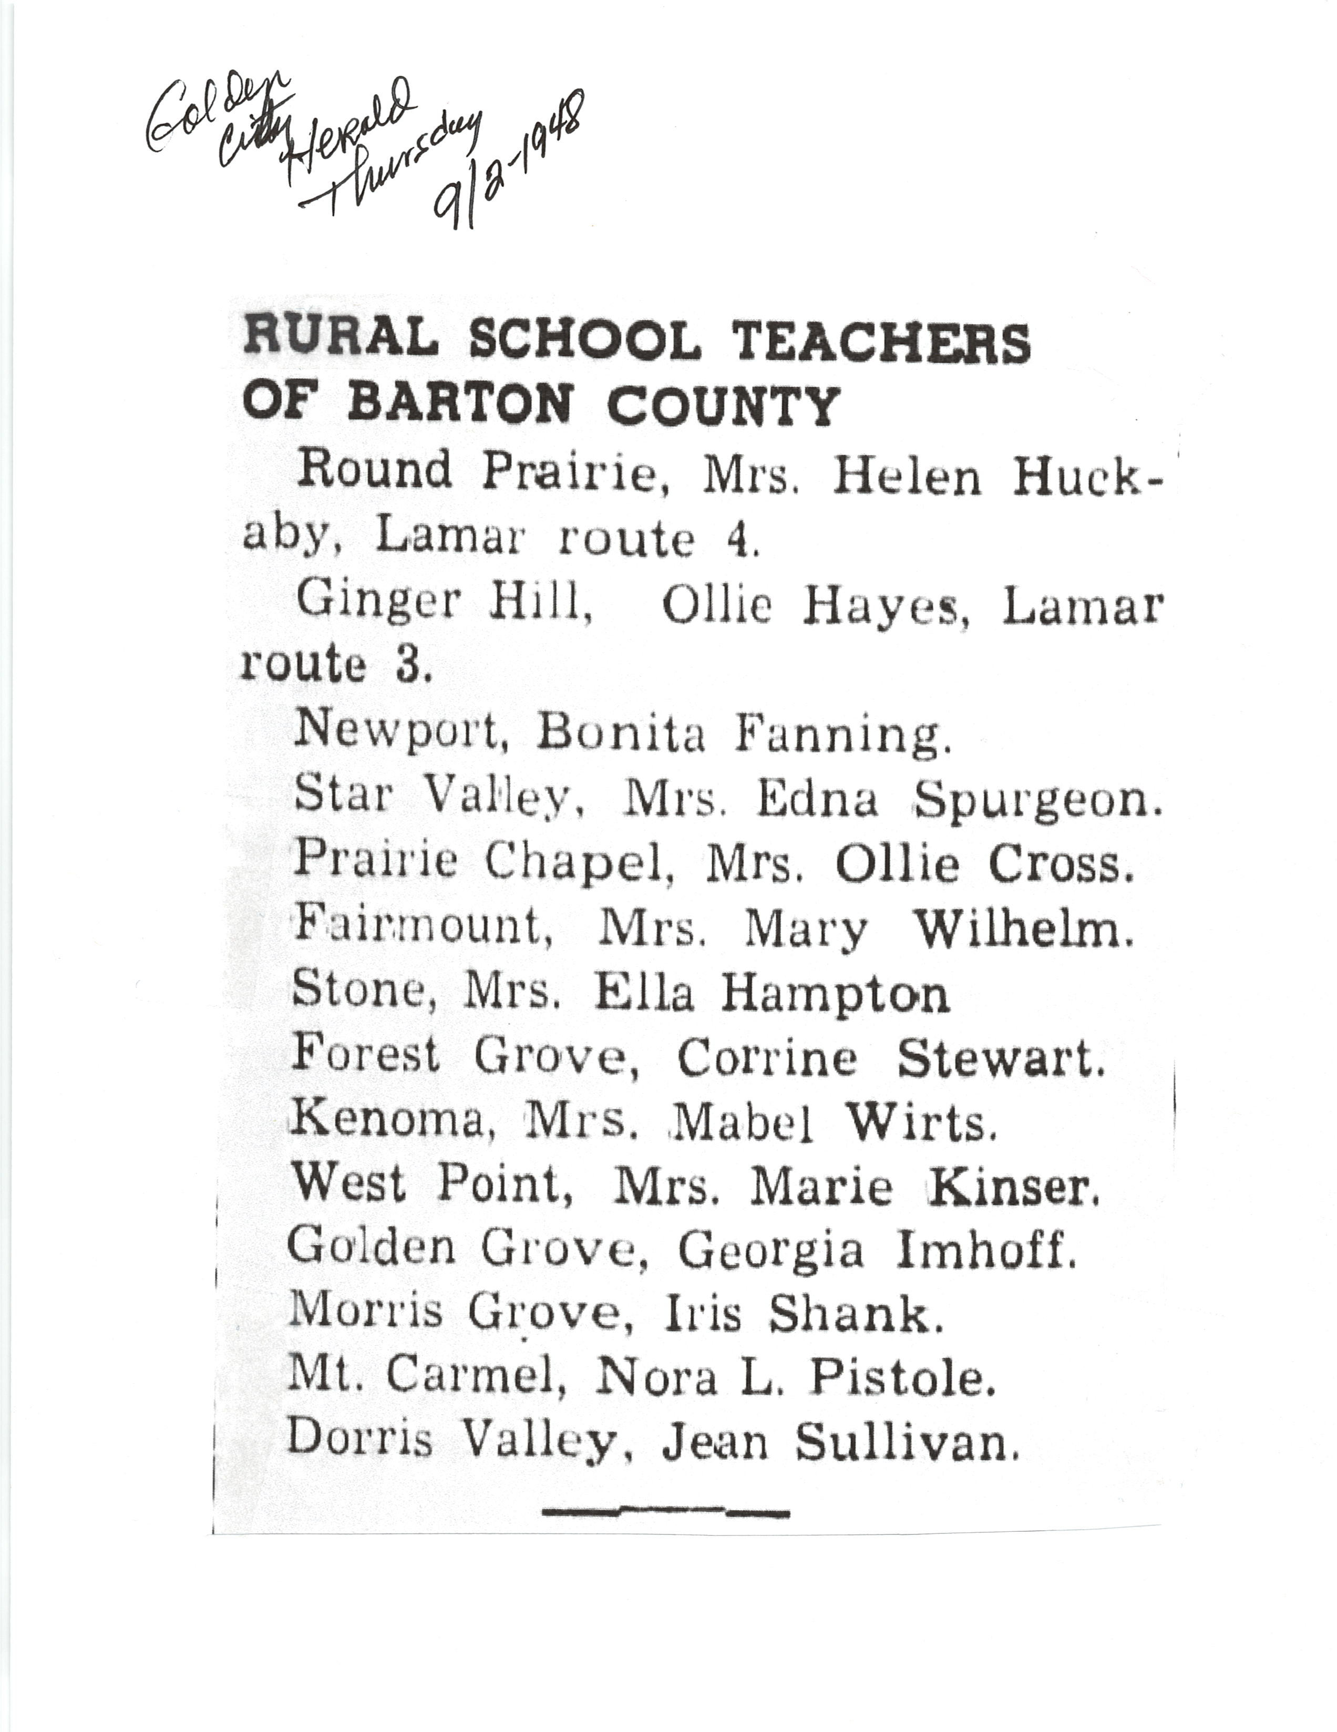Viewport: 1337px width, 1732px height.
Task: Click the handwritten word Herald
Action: click(349, 131)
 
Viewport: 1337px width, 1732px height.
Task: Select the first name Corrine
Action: click(767, 1057)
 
